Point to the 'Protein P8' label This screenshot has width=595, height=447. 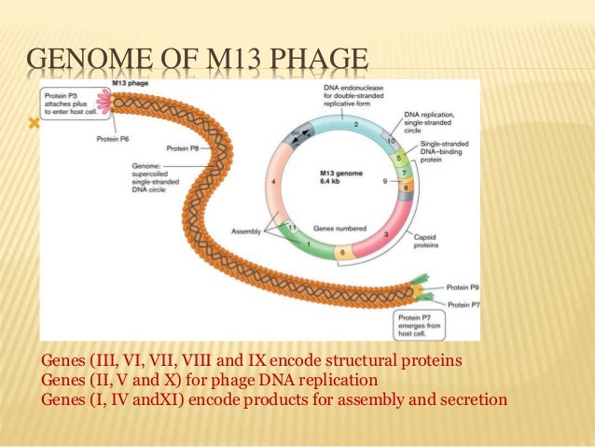(x=184, y=148)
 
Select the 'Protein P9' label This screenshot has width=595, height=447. (x=461, y=287)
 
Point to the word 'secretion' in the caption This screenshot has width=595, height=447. (x=471, y=400)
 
